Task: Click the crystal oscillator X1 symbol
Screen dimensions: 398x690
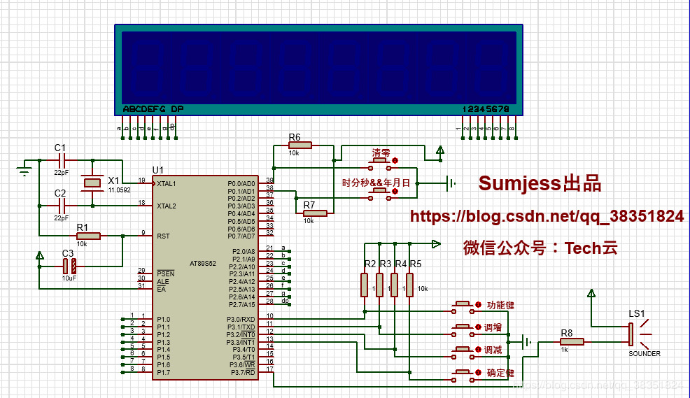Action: click(92, 183)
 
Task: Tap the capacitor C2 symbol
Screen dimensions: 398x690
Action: click(62, 206)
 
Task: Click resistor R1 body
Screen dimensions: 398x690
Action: click(88, 236)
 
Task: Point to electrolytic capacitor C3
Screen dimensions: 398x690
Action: click(69, 266)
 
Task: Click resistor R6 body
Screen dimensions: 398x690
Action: click(300, 145)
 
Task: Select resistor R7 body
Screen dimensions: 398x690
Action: click(314, 213)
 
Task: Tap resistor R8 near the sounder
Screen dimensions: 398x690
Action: click(572, 342)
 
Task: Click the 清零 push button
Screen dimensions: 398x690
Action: click(380, 163)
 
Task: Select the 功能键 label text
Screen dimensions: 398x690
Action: click(500, 305)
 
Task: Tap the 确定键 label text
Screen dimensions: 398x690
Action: click(500, 373)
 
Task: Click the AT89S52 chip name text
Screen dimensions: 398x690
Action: click(202, 264)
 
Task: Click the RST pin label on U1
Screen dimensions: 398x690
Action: click(163, 236)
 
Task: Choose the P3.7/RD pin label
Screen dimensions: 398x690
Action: click(242, 372)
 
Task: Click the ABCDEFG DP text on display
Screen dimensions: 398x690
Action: click(153, 109)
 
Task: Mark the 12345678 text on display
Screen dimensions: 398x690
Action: click(486, 109)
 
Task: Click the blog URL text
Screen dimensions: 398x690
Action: click(547, 217)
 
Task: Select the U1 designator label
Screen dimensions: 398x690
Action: click(158, 170)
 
